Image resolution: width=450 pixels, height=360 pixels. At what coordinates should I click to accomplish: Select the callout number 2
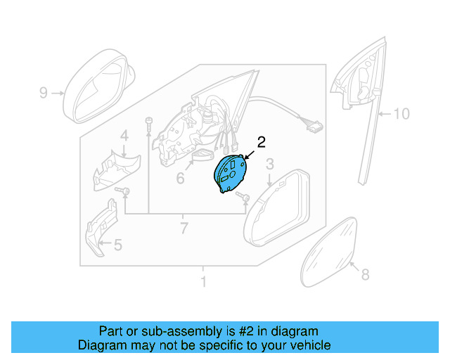[261, 142]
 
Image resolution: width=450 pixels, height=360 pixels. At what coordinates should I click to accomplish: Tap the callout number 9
[43, 92]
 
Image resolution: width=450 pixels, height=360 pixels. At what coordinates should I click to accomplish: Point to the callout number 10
[400, 113]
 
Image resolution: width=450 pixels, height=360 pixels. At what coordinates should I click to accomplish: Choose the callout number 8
[364, 275]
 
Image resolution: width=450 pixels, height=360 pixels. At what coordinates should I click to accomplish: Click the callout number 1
[204, 282]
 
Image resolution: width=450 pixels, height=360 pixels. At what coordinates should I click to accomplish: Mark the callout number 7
[184, 228]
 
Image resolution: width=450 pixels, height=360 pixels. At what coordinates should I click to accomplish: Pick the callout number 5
[117, 245]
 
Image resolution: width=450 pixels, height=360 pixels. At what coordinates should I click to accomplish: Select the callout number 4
[123, 136]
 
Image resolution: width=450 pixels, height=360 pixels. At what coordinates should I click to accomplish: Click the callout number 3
[269, 165]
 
